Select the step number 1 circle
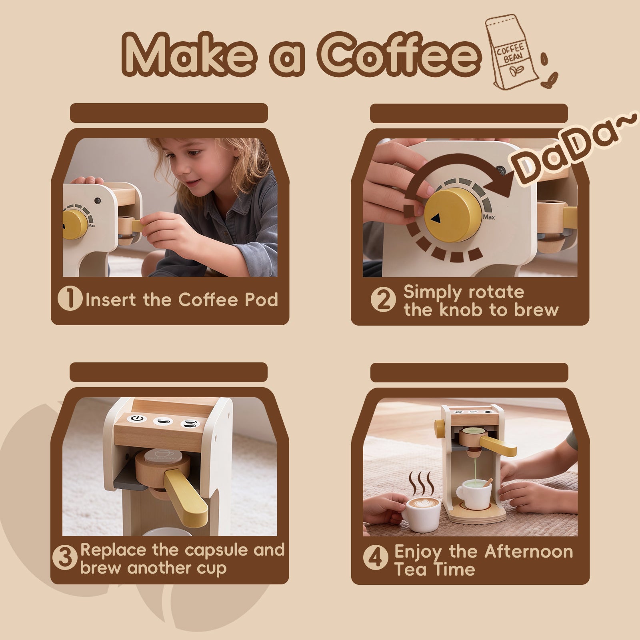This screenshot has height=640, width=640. click(70, 300)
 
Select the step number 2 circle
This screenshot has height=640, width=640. click(383, 300)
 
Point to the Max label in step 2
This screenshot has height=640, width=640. click(489, 217)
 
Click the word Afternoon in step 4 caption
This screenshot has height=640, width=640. click(529, 552)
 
